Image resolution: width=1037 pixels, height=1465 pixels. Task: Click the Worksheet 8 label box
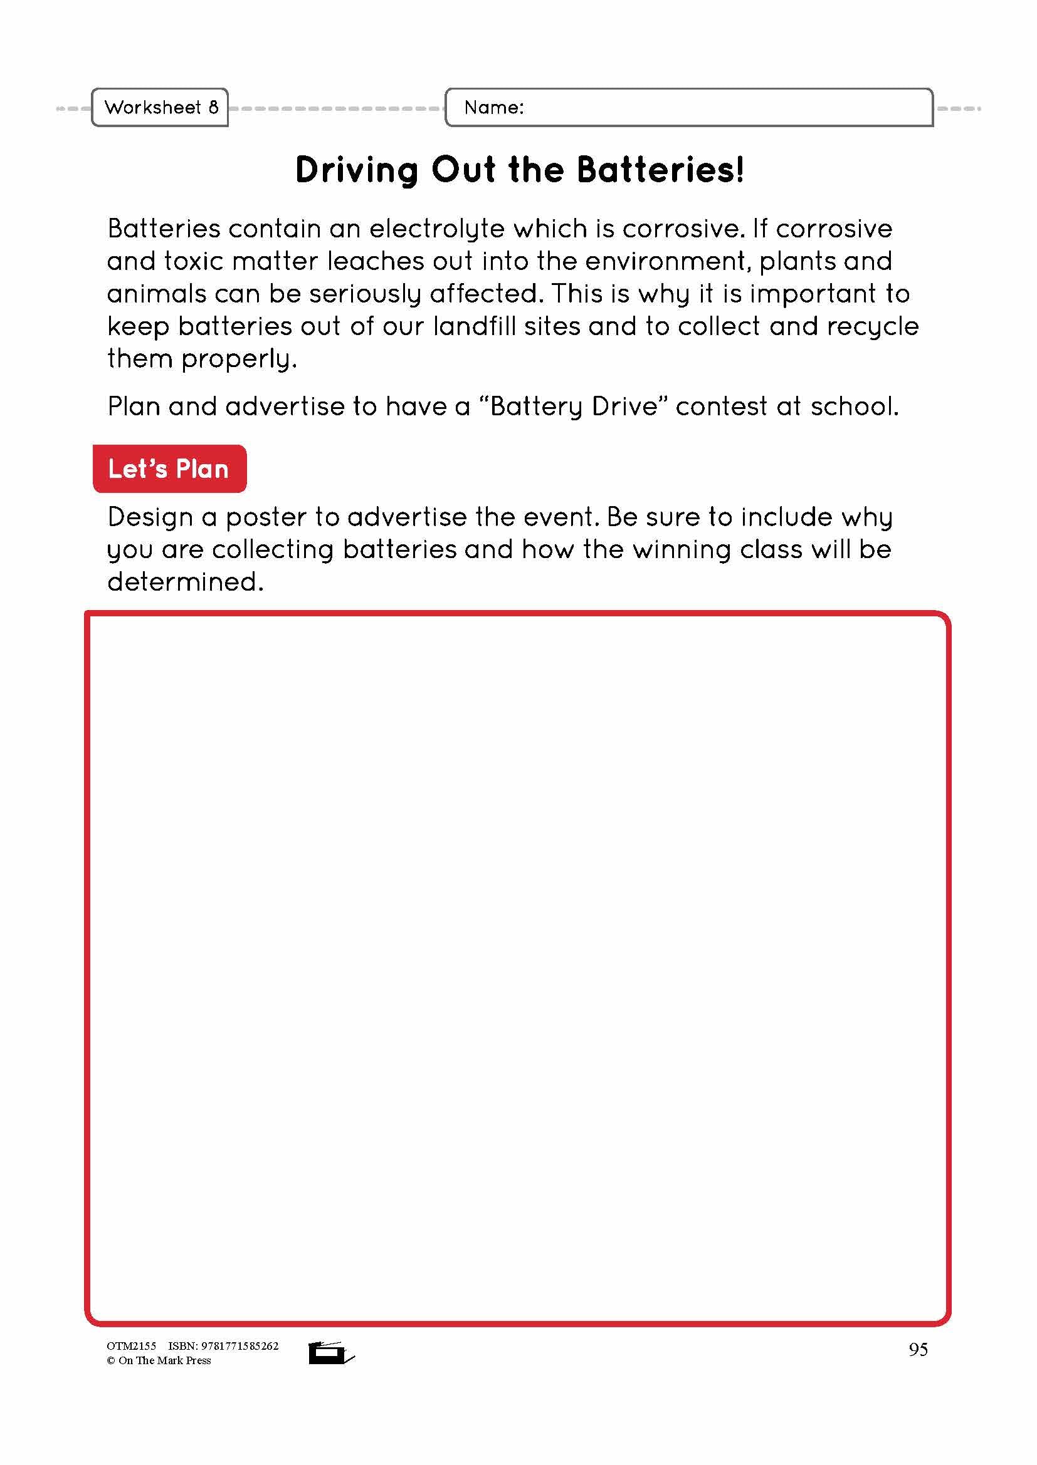tap(161, 107)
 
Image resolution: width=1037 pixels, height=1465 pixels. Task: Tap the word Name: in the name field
tap(493, 107)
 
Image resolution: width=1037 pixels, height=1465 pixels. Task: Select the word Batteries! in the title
tap(660, 170)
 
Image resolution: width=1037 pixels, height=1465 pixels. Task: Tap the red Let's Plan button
tap(169, 469)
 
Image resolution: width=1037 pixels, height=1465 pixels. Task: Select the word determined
tap(185, 582)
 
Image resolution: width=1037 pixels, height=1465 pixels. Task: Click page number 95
tap(918, 1350)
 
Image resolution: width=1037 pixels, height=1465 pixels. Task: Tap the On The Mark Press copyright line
tap(159, 1360)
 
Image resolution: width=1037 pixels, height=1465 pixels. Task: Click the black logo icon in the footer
tap(330, 1352)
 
